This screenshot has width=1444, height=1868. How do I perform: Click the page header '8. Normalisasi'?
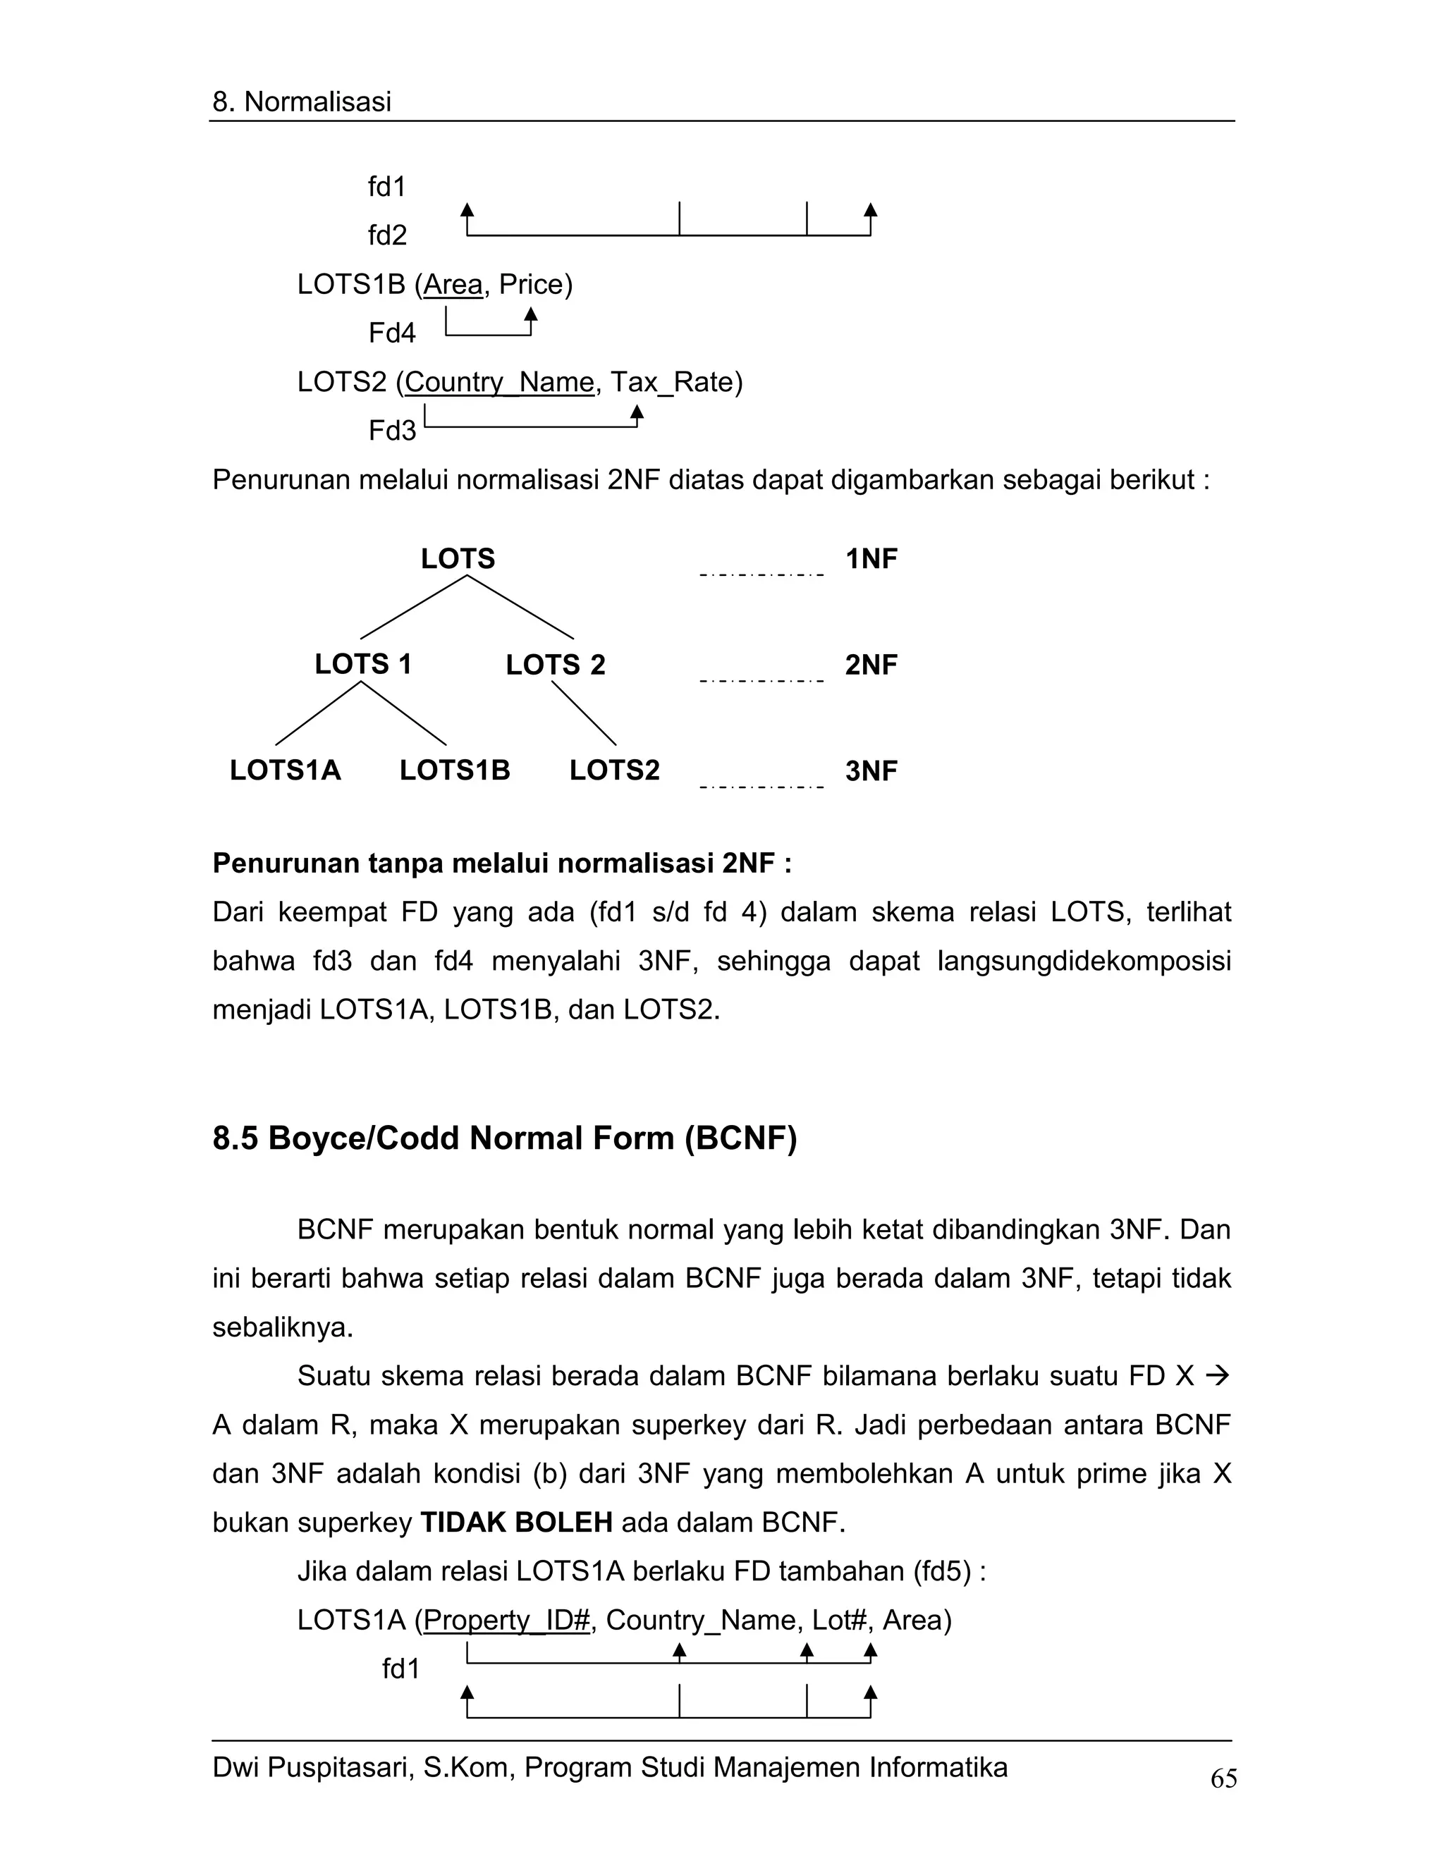[301, 102]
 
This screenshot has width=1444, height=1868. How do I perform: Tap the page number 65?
[1223, 1778]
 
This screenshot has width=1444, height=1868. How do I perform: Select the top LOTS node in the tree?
[458, 558]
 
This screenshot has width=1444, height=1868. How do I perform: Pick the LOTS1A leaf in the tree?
[285, 770]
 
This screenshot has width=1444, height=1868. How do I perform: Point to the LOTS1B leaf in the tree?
[454, 770]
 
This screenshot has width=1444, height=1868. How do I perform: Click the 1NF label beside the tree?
[871, 558]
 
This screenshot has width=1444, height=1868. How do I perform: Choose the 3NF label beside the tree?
[871, 770]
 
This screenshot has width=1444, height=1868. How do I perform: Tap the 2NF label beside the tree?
[871, 665]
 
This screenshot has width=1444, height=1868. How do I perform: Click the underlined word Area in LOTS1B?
[453, 284]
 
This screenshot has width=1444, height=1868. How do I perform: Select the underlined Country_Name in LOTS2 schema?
[498, 381]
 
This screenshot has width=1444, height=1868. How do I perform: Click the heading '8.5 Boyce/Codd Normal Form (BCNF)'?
[504, 1138]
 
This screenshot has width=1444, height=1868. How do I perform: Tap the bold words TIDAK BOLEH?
[516, 1522]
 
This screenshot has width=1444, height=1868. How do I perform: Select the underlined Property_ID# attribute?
[506, 1619]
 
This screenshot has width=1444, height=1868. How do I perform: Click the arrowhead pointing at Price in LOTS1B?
[530, 314]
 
